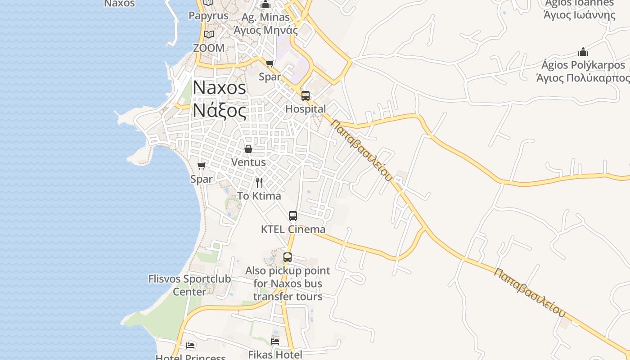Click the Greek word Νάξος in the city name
(x=220, y=111)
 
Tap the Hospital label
(x=306, y=109)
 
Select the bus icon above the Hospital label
(x=306, y=95)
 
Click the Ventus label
(x=248, y=162)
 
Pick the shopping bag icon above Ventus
(x=248, y=149)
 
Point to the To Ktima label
(x=259, y=196)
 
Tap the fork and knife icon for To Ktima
(x=259, y=182)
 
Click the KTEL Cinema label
(x=293, y=229)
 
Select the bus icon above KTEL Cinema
(x=293, y=216)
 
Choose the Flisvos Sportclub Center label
(x=189, y=285)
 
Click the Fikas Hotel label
(x=275, y=355)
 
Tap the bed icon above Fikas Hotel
(x=275, y=341)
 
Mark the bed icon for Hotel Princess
(x=191, y=346)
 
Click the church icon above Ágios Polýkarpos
(x=583, y=52)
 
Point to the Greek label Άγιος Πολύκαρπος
(x=583, y=78)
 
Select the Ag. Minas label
(x=265, y=17)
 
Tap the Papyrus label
(x=208, y=16)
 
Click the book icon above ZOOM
(x=208, y=34)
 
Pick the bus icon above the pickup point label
(x=288, y=257)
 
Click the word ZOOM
(x=208, y=48)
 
